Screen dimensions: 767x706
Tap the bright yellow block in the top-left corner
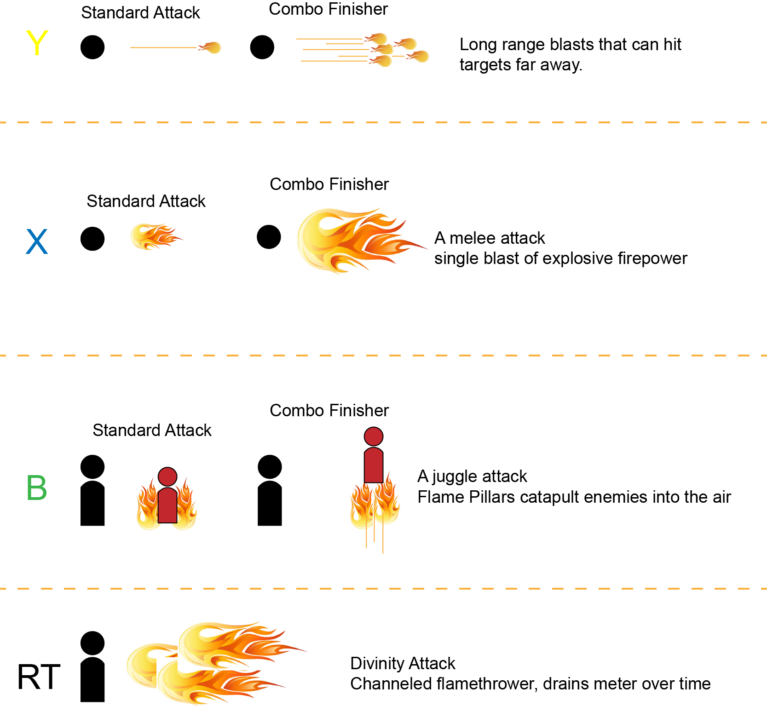[x=53, y=45]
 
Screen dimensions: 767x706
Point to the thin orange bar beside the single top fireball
[x=163, y=52]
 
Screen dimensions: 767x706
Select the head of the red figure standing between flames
[x=167, y=477]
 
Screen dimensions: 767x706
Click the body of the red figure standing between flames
[x=167, y=506]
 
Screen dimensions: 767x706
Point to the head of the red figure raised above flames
[x=374, y=436]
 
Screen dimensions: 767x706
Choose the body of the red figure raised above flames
[x=374, y=465]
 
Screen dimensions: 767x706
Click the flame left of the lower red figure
[x=147, y=506]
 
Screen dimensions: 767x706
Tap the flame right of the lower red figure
[x=187, y=506]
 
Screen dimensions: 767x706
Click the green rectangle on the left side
[x=54, y=531]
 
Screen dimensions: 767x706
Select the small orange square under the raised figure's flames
[x=389, y=543]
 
